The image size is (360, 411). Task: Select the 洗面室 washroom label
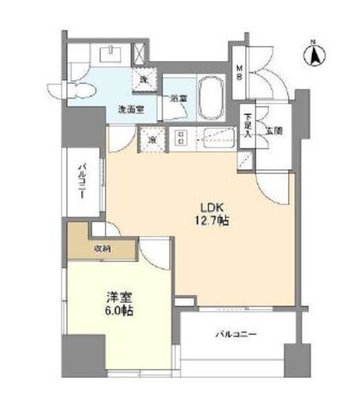[130, 108]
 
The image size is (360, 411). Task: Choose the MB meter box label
[242, 72]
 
